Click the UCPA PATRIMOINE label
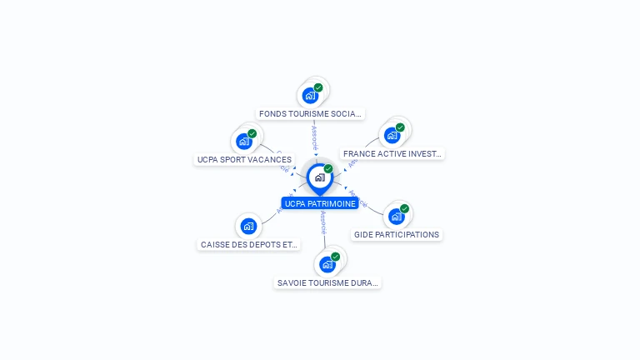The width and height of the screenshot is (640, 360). pyautogui.click(x=320, y=203)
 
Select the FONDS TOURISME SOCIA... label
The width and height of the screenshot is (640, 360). pyautogui.click(x=310, y=113)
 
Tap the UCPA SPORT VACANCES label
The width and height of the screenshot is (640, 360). pyautogui.click(x=244, y=159)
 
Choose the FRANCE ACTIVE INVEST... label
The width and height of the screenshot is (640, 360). pyautogui.click(x=392, y=153)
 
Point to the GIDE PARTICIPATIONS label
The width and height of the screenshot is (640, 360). pyautogui.click(x=397, y=235)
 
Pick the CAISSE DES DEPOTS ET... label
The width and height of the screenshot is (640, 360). pyautogui.click(x=248, y=245)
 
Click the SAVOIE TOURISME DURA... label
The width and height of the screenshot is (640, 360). pyautogui.click(x=327, y=283)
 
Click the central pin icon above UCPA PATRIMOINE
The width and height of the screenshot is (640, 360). pyautogui.click(x=319, y=177)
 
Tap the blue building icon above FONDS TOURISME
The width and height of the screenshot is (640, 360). pyautogui.click(x=310, y=95)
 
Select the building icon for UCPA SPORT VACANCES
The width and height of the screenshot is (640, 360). pyautogui.click(x=244, y=141)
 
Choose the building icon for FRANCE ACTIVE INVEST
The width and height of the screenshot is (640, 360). pyautogui.click(x=392, y=135)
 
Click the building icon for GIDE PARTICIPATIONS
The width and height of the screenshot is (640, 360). pyautogui.click(x=397, y=216)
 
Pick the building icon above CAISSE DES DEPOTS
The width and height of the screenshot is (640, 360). pyautogui.click(x=248, y=226)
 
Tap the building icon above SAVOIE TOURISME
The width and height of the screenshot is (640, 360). pyautogui.click(x=327, y=264)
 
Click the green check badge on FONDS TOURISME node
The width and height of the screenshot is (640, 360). pyautogui.click(x=318, y=87)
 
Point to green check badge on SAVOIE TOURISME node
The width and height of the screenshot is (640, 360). pyautogui.click(x=336, y=257)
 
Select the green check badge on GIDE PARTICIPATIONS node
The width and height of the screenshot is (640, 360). pyautogui.click(x=405, y=208)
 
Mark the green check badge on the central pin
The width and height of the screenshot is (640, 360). pyautogui.click(x=328, y=169)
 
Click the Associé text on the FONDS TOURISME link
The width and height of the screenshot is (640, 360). pyautogui.click(x=314, y=137)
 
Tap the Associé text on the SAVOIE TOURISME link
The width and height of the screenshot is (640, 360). pyautogui.click(x=324, y=222)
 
